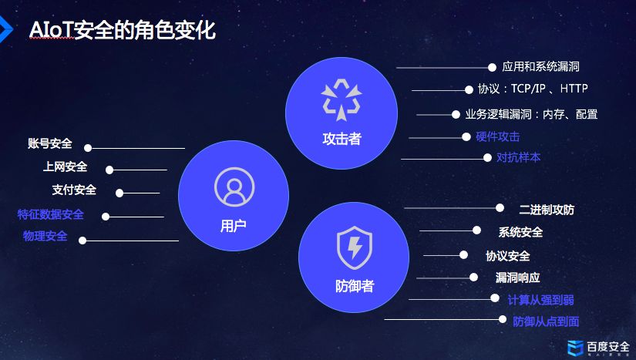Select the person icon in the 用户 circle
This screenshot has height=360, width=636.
point(233,187)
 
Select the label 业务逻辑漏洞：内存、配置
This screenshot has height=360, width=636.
point(531,114)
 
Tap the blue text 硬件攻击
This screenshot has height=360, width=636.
point(497,136)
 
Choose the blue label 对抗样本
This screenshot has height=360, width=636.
point(518,157)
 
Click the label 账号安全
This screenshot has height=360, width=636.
point(49,143)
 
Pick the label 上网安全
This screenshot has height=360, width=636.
point(65,167)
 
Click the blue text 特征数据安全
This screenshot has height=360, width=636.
point(51,214)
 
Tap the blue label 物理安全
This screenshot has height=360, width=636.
point(45,236)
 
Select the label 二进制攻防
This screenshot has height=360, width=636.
point(546,209)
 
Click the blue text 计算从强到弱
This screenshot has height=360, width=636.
point(540,299)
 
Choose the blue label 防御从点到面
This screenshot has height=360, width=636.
point(546,321)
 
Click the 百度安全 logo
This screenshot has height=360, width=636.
point(598,348)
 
